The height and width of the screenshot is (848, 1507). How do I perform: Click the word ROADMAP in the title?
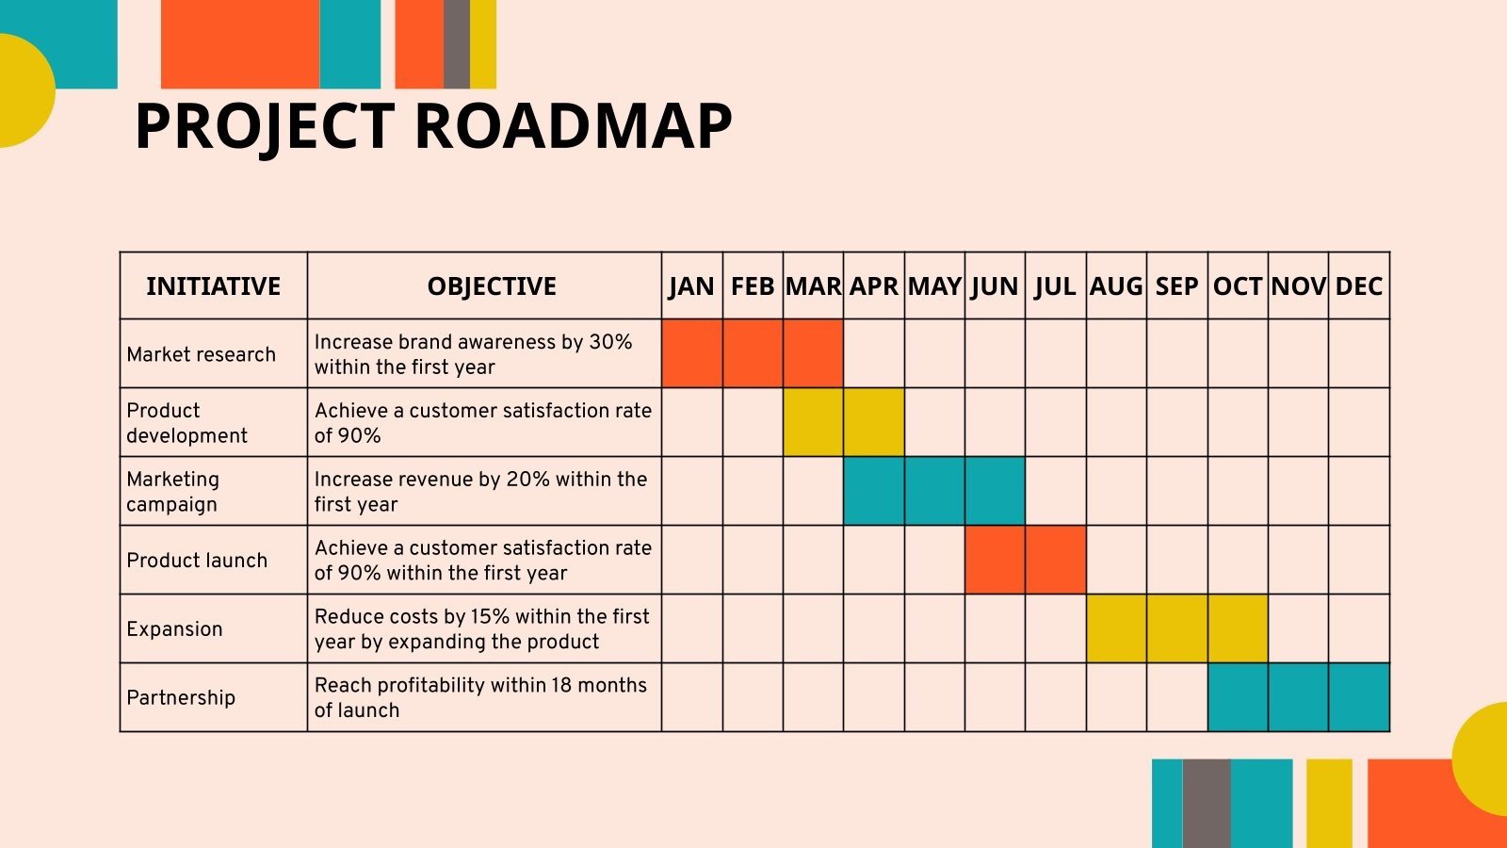pyautogui.click(x=574, y=126)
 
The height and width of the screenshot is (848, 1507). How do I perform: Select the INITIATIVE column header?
pyautogui.click(x=213, y=286)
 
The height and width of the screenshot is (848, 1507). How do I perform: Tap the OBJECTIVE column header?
pyautogui.click(x=492, y=286)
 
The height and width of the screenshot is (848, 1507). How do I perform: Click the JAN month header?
pyautogui.click(x=691, y=286)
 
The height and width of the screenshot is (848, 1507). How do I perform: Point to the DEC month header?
pyautogui.click(x=1359, y=286)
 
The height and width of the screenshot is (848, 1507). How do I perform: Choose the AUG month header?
pyautogui.click(x=1116, y=286)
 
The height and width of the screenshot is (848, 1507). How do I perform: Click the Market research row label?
pyautogui.click(x=202, y=354)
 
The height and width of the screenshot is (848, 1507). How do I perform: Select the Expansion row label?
pyautogui.click(x=174, y=629)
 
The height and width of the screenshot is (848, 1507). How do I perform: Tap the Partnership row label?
pyautogui.click(x=181, y=697)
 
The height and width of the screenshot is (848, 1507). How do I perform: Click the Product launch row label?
pyautogui.click(x=197, y=560)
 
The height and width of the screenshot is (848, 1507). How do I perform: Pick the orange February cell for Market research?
pyautogui.click(x=753, y=353)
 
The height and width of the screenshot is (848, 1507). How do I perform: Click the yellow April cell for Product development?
pyautogui.click(x=874, y=422)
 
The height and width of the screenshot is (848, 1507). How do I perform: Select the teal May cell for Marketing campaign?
pyautogui.click(x=934, y=491)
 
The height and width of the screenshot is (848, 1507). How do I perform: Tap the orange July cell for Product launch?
pyautogui.click(x=1056, y=560)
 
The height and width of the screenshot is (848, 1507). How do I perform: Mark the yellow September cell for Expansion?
pyautogui.click(x=1177, y=628)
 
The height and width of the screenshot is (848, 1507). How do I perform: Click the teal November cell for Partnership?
pyautogui.click(x=1299, y=697)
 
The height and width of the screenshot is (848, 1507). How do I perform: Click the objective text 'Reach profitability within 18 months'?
pyautogui.click(x=480, y=685)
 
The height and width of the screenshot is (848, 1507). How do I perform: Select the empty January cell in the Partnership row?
pyautogui.click(x=692, y=697)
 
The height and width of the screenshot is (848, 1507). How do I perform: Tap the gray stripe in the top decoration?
pyautogui.click(x=456, y=43)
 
